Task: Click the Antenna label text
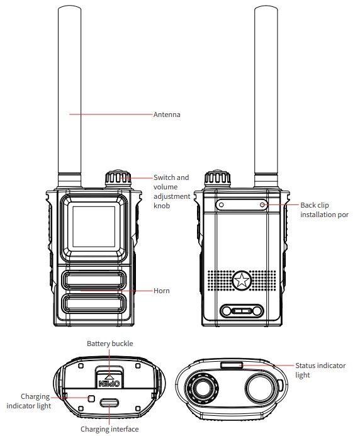167,115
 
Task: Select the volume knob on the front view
118,178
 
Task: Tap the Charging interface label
110,429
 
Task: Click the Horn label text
162,291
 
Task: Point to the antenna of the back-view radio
264,94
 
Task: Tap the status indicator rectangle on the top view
231,364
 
